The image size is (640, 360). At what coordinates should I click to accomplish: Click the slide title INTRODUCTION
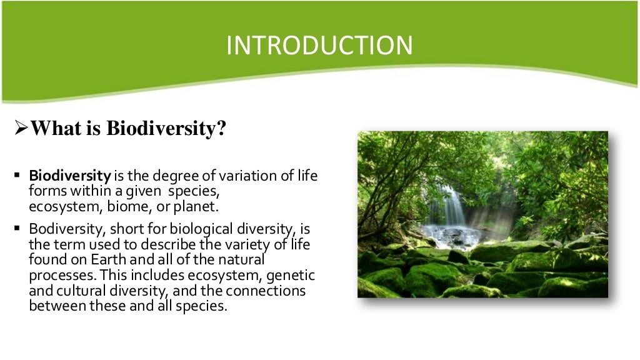click(x=319, y=46)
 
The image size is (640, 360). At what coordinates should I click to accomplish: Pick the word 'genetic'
click(x=294, y=275)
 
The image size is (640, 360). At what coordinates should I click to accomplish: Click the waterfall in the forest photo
click(x=454, y=206)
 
